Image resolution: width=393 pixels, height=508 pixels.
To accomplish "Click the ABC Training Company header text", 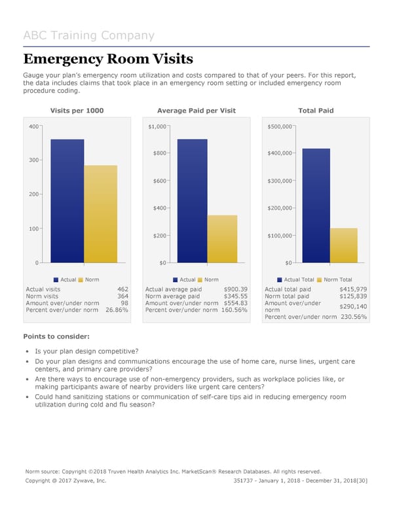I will [x=88, y=36].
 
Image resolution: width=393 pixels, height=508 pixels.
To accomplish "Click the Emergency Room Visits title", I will [x=108, y=60].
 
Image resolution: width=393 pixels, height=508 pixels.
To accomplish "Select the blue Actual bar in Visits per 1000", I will [x=67, y=201].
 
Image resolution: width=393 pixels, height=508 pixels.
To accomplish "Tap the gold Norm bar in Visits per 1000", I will [x=100, y=214].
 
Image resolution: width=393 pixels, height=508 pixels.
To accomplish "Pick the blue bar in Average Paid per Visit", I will [x=191, y=201].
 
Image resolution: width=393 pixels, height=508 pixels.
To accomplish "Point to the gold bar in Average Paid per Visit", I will [x=222, y=239].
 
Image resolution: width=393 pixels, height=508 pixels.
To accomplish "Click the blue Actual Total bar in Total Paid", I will [x=316, y=206].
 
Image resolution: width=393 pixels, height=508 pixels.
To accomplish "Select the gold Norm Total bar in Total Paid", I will [x=343, y=245].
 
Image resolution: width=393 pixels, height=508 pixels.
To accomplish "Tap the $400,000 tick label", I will [x=280, y=153].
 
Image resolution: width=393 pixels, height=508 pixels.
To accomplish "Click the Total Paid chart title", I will [x=316, y=111].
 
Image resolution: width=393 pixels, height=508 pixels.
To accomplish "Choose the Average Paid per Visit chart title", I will [x=196, y=111].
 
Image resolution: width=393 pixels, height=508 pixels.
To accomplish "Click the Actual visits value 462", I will [x=122, y=289].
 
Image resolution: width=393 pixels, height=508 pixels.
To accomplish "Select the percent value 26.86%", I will [x=116, y=310].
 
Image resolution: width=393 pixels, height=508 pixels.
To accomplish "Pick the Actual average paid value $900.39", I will [x=235, y=289].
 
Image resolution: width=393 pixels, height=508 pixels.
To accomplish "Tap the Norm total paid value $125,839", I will [x=353, y=297].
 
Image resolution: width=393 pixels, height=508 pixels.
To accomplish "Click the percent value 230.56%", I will [x=354, y=317].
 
